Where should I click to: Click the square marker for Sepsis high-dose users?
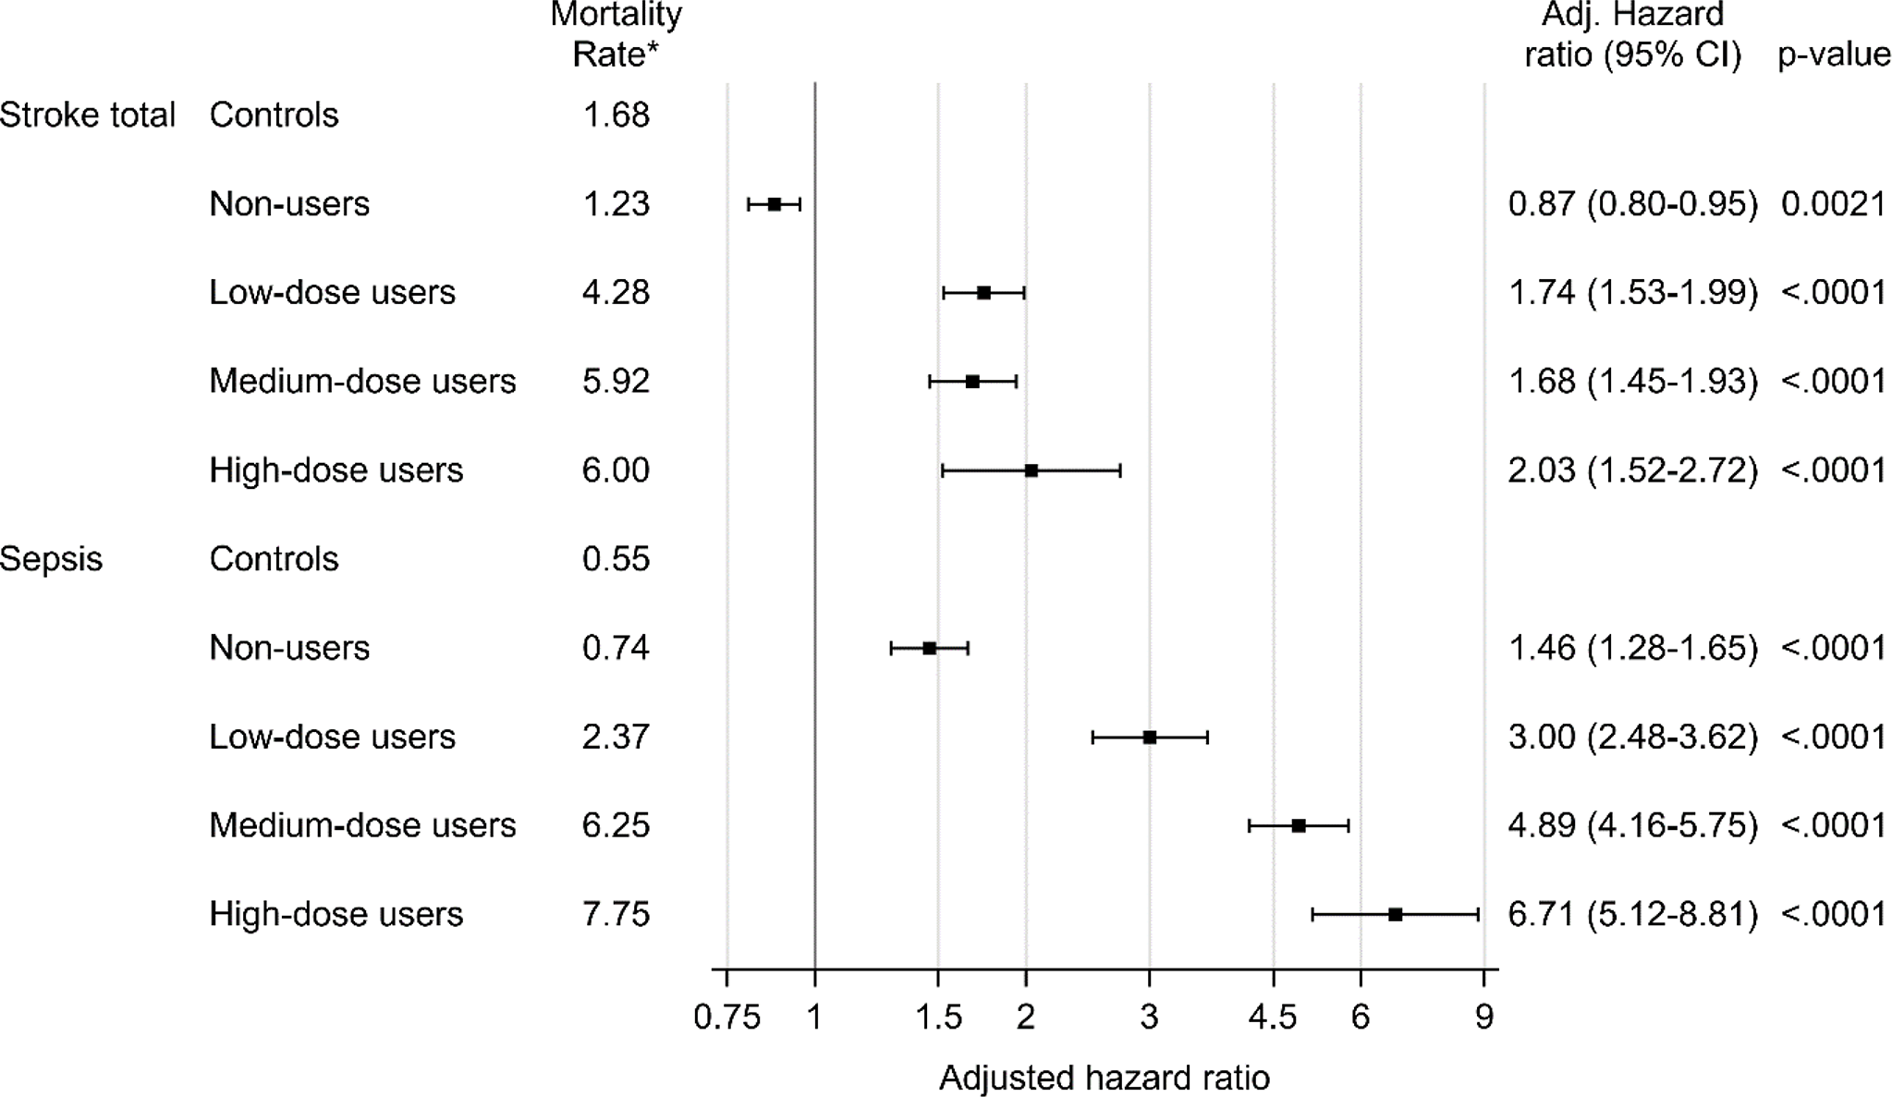[1395, 914]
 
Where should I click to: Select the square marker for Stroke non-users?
[775, 204]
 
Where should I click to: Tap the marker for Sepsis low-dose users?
[1149, 737]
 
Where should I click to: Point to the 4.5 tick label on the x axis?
[1273, 1018]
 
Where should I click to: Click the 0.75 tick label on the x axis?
[726, 1018]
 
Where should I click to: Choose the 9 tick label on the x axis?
[1483, 1018]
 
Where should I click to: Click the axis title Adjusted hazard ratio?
[1104, 1078]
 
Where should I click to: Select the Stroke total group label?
[87, 116]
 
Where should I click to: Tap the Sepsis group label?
[52, 559]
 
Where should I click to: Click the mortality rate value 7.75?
[616, 914]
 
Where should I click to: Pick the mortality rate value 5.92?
[616, 382]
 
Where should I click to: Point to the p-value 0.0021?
[1833, 204]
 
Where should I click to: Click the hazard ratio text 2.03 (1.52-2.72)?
[1632, 470]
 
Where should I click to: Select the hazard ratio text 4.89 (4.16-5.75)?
[1632, 825]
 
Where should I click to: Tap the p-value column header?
[1834, 55]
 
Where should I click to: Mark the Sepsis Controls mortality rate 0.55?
[616, 559]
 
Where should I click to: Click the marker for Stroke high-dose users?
[1031, 470]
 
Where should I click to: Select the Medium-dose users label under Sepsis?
[362, 825]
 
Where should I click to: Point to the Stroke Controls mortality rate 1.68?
[616, 116]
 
